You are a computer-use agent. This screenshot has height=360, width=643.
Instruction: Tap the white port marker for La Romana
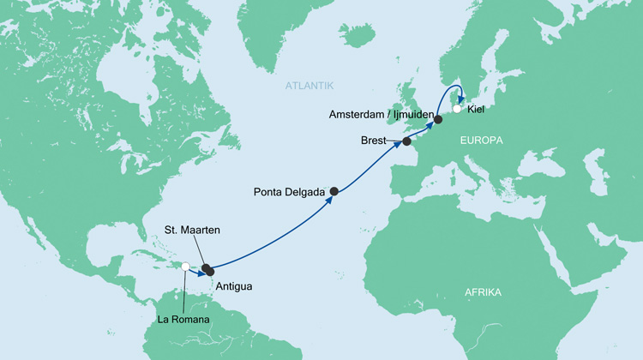186,267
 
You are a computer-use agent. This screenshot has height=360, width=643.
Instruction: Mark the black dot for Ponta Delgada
334,192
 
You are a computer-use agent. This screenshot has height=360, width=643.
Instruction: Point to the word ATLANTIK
309,85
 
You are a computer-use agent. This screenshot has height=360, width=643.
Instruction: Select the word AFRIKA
482,293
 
